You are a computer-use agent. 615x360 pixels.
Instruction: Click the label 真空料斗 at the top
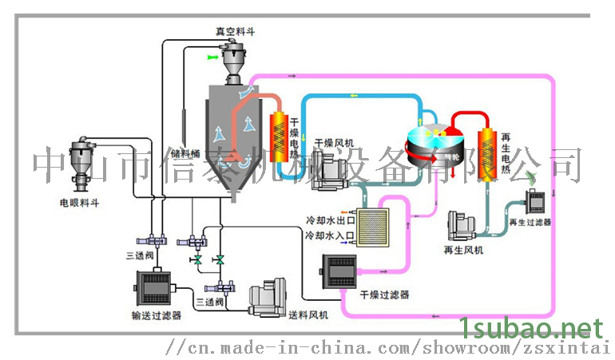235,31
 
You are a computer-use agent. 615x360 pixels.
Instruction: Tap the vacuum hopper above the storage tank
234,61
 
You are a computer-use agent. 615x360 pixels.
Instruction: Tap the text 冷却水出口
327,218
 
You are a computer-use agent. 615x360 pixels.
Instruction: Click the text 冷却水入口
327,236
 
